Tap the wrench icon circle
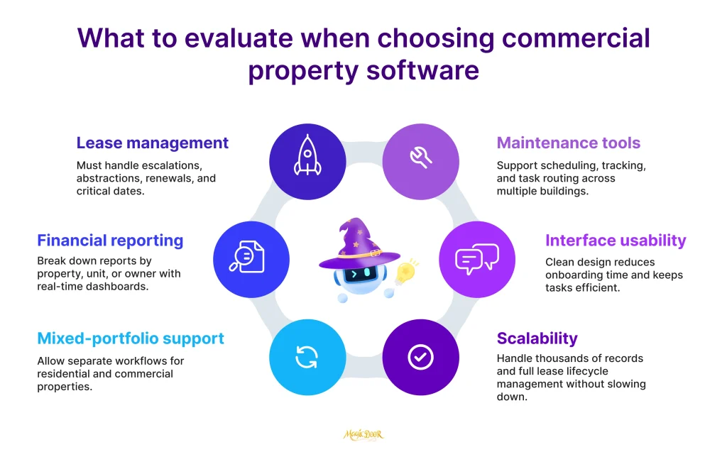(421, 160)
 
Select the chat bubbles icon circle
(476, 258)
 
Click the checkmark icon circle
(421, 357)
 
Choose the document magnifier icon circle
(251, 258)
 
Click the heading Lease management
(152, 143)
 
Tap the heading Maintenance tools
(568, 143)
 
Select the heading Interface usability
(616, 241)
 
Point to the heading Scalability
(537, 338)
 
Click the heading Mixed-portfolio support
(131, 338)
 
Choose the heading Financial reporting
(110, 241)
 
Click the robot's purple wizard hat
(352, 245)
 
